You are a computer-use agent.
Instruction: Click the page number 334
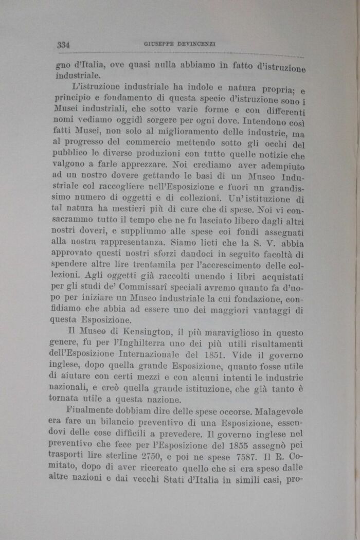(63, 45)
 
